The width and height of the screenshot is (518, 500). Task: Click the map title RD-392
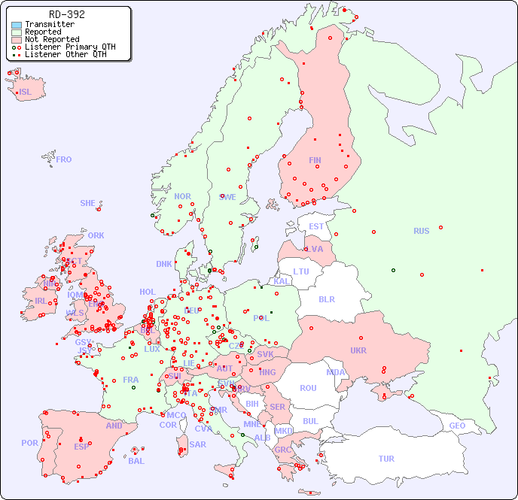pyautogui.click(x=66, y=14)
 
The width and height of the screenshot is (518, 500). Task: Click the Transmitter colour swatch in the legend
pyautogui.click(x=17, y=25)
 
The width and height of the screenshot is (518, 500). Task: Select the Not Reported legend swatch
pyautogui.click(x=17, y=40)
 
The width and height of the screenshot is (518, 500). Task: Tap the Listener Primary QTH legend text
pyautogui.click(x=70, y=47)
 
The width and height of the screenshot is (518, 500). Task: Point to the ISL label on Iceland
pyautogui.click(x=26, y=92)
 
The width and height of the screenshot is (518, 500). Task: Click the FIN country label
pyautogui.click(x=315, y=160)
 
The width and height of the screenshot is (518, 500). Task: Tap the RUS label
pyautogui.click(x=421, y=231)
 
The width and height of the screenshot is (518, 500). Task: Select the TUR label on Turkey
pyautogui.click(x=386, y=459)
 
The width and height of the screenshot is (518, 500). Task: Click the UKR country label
pyautogui.click(x=358, y=350)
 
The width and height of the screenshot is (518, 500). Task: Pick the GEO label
pyautogui.click(x=457, y=426)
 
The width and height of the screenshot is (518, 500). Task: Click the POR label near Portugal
pyautogui.click(x=29, y=443)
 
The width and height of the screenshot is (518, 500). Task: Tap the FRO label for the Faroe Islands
pyautogui.click(x=64, y=159)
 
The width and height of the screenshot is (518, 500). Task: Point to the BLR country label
pyautogui.click(x=326, y=298)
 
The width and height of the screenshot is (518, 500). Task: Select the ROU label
pyautogui.click(x=308, y=388)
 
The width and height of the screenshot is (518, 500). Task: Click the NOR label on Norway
pyautogui.click(x=182, y=196)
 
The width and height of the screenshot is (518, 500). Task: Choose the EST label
pyautogui.click(x=316, y=226)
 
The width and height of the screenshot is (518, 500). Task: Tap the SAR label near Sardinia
pyautogui.click(x=197, y=444)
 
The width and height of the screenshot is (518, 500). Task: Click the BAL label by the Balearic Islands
pyautogui.click(x=136, y=461)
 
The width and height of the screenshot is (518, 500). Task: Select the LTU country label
pyautogui.click(x=301, y=271)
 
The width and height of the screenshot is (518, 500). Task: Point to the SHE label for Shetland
pyautogui.click(x=88, y=203)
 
